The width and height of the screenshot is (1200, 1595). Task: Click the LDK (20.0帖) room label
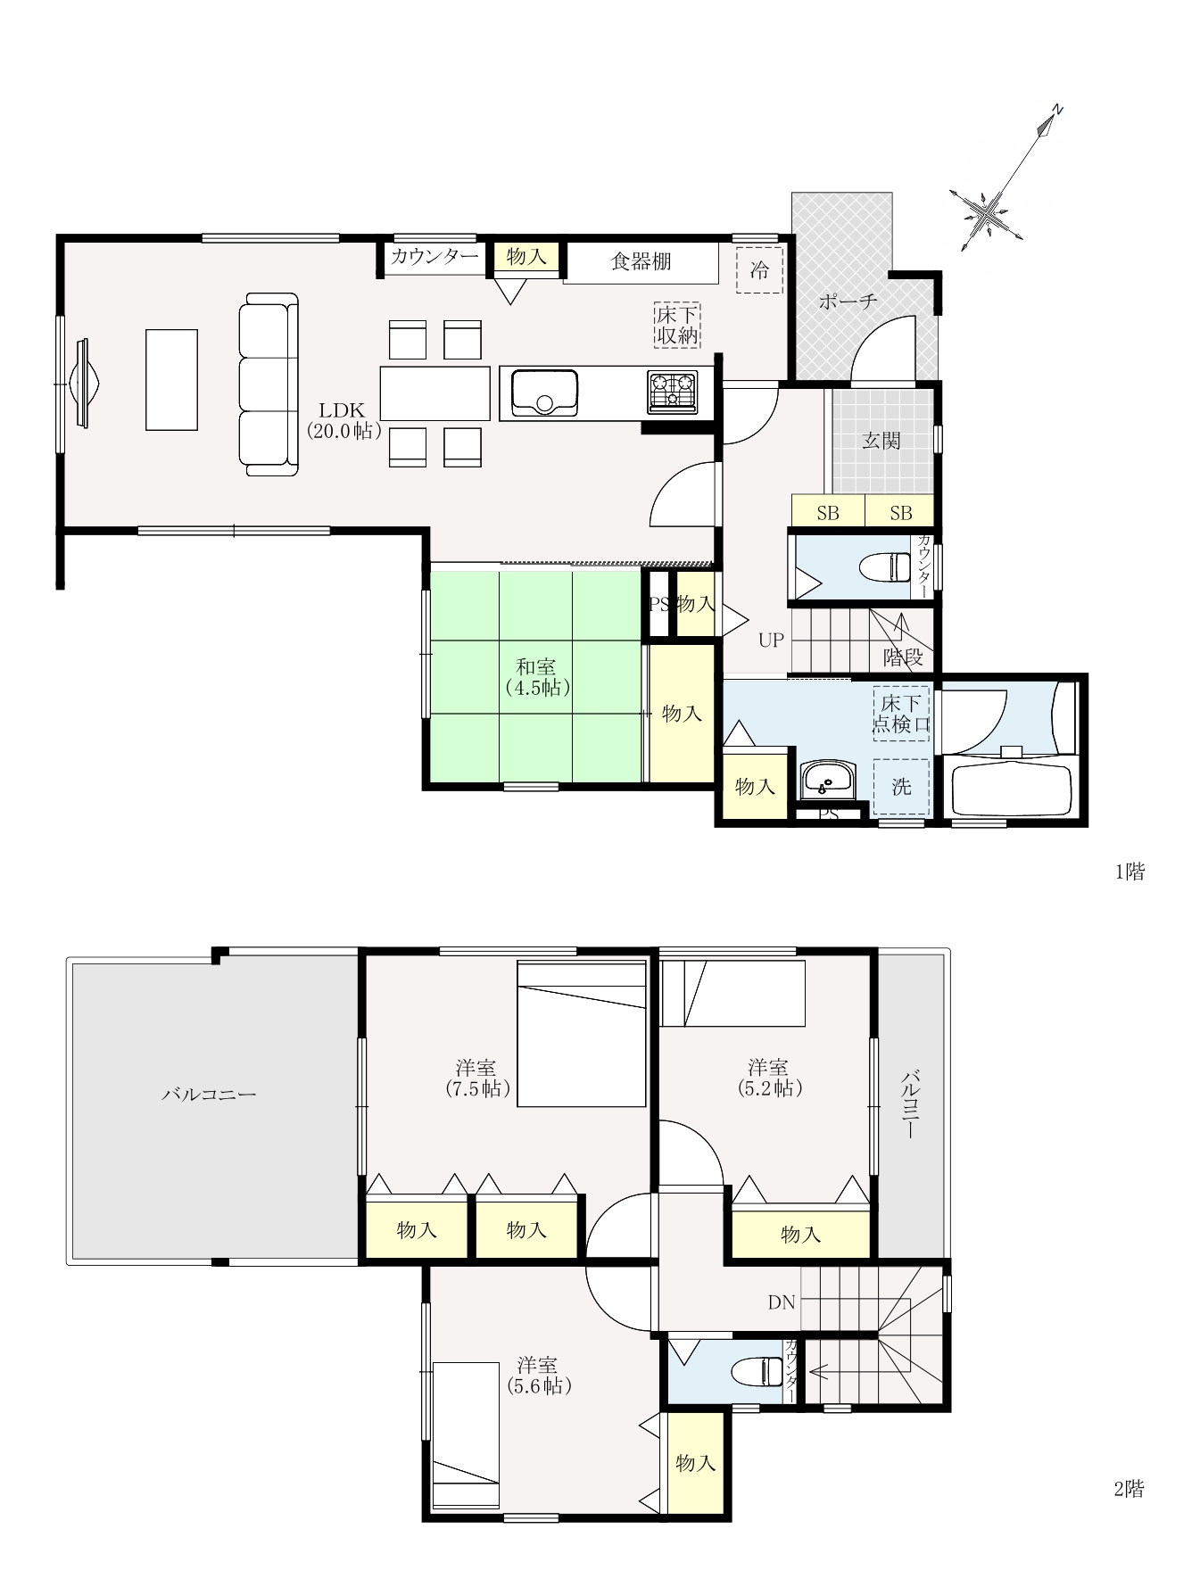tap(343, 420)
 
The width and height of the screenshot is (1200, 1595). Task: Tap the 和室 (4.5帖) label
tap(536, 677)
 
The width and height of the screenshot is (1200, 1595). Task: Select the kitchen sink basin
tap(544, 393)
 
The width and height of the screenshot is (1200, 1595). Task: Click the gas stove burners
tap(672, 392)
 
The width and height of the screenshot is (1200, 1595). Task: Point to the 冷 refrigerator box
tap(759, 269)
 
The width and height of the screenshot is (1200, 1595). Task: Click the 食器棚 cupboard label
tap(641, 261)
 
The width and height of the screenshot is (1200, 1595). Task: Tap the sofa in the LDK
tap(269, 384)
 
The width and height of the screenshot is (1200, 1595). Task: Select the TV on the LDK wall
tap(87, 384)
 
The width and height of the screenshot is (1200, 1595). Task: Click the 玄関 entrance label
tap(881, 441)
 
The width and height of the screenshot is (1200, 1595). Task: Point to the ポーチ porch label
tap(848, 302)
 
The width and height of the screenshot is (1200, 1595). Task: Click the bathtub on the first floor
tap(1011, 786)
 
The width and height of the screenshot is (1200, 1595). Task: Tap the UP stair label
tap(771, 640)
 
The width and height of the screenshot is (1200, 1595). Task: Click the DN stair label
tap(782, 1302)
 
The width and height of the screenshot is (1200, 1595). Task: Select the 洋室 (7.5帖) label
tap(476, 1078)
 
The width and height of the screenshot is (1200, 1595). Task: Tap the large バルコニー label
tap(209, 1094)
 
